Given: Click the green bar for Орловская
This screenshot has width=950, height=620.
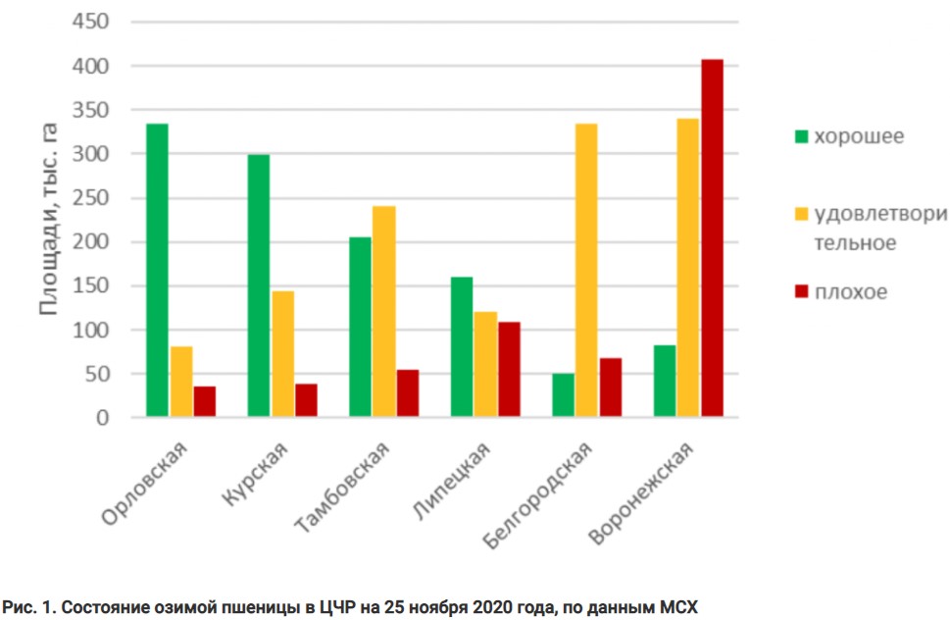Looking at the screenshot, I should (x=157, y=271).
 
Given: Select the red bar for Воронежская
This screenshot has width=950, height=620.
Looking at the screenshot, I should (x=712, y=238).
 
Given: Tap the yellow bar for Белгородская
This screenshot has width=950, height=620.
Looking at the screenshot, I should (x=585, y=271).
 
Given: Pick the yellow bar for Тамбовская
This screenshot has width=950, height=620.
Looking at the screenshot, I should (x=383, y=312).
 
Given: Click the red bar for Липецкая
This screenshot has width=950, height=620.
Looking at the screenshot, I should (x=509, y=370).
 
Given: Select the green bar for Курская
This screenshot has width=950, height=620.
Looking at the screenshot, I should (x=258, y=286).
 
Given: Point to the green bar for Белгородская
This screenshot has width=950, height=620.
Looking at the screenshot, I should (x=563, y=395).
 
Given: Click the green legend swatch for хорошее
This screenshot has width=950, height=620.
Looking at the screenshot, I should (x=801, y=136).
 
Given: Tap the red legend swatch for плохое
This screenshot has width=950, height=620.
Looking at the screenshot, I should (x=801, y=292).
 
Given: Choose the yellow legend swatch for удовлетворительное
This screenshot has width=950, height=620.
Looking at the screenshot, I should (x=801, y=214).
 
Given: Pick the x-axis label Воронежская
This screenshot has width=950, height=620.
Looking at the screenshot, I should (x=641, y=494).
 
